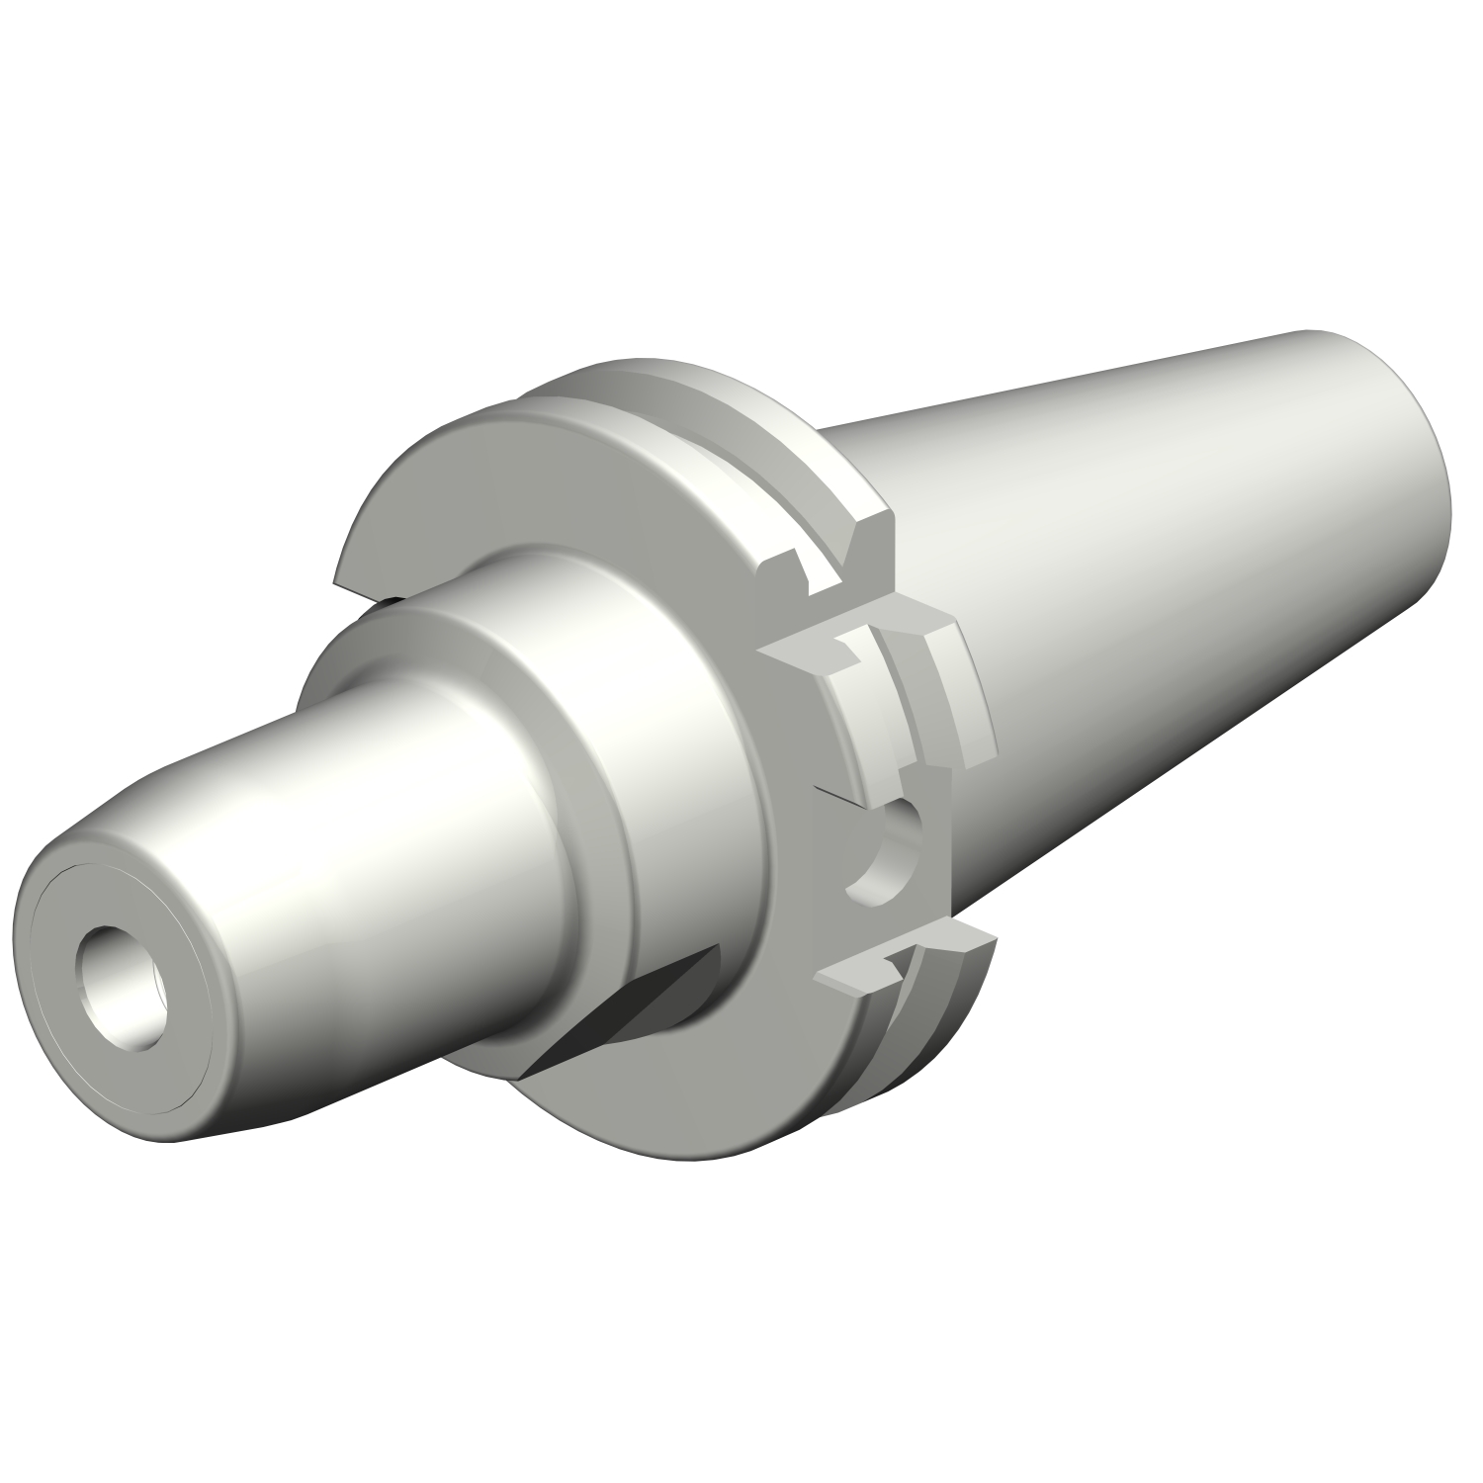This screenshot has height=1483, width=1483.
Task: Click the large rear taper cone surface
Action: pyautogui.click(x=1137, y=593)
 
